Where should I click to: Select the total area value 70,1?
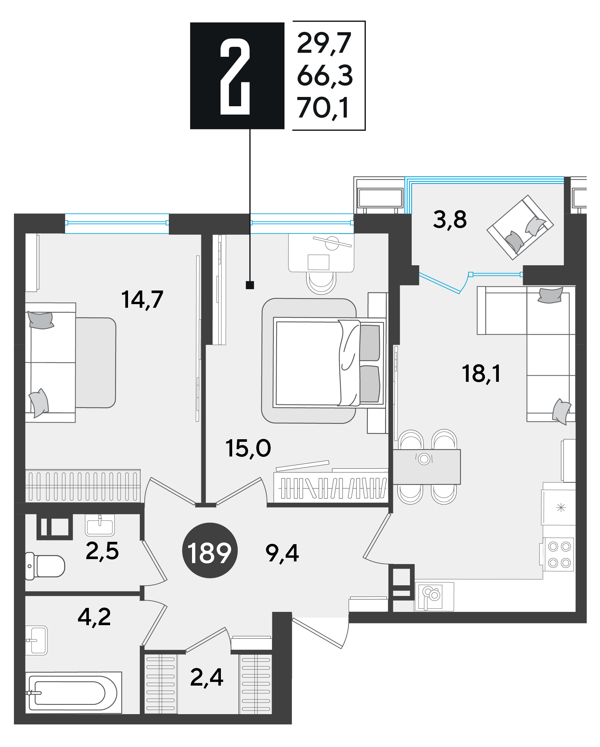pos(323,108)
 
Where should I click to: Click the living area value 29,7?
pos(324,43)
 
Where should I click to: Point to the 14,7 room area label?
pos(142,299)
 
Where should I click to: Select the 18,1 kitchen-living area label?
pos(481,373)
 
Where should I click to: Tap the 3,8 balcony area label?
pos(450,220)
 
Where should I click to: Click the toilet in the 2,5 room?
pos(45,566)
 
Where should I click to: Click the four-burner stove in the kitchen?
pos(559,554)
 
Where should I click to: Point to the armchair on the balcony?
pos(520,227)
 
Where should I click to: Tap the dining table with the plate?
pos(427,466)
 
